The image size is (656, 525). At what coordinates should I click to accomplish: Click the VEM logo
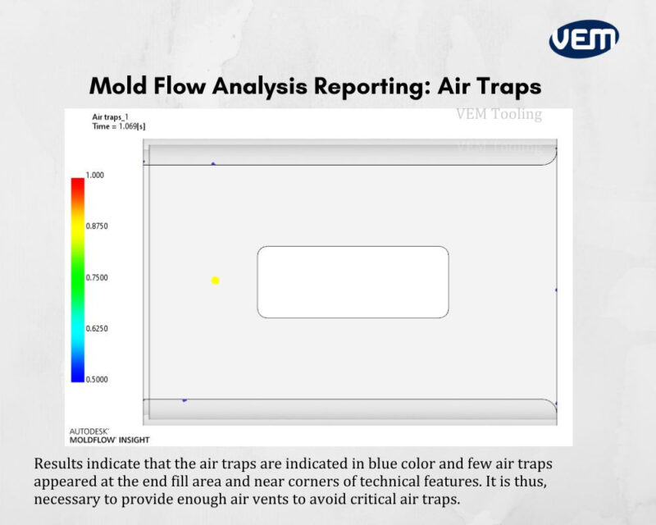[x=584, y=39]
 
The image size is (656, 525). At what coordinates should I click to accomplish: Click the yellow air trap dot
[x=215, y=281]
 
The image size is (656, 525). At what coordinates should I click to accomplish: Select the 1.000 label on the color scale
[x=97, y=175]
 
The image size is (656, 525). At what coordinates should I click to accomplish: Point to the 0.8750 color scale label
[x=98, y=226]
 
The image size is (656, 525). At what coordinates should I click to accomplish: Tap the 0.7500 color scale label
[x=98, y=277]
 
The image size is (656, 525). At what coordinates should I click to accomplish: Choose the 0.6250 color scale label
[x=98, y=328]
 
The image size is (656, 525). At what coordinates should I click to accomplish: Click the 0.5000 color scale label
[x=98, y=379]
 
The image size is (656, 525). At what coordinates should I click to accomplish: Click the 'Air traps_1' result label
[x=110, y=117]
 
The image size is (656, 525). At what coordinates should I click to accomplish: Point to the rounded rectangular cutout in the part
[x=353, y=281]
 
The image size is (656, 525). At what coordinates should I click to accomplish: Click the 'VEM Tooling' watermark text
[x=499, y=114]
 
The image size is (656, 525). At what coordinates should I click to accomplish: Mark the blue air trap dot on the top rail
[x=213, y=164]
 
